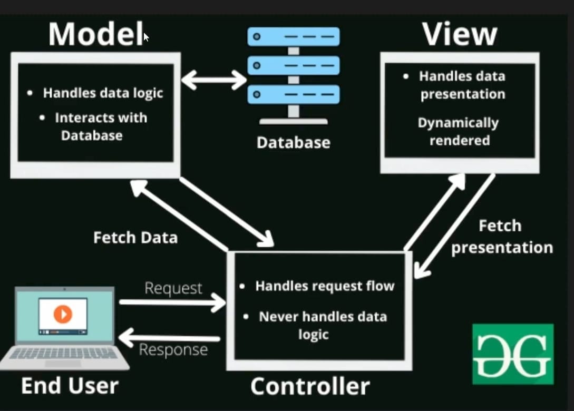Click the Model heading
96,34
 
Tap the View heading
460,34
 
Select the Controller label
310,386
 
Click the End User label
70,386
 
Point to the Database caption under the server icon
293,142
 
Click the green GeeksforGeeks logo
513,354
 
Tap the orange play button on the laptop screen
63,314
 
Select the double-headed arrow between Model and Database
214,80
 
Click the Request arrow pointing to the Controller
172,302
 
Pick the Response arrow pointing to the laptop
170,337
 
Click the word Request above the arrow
173,288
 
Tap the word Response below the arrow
173,350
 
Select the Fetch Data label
135,238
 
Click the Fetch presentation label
502,237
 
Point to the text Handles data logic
103,93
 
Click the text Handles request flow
325,286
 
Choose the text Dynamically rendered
459,131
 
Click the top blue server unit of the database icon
294,36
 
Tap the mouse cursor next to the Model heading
146,37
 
